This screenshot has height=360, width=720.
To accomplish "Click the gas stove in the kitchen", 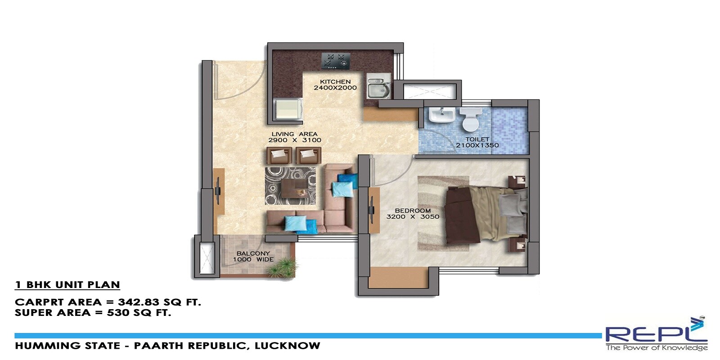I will tap(336, 61).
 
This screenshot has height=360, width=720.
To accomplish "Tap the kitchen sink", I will tap(377, 88).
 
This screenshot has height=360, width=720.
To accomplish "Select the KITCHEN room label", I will tap(335, 82).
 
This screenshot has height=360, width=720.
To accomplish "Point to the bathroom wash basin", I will tap(441, 115).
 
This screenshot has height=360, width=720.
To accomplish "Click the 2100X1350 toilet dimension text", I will tap(477, 145).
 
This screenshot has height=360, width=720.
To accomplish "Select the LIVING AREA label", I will tap(294, 134).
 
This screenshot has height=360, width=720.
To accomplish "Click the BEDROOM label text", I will tap(413, 211).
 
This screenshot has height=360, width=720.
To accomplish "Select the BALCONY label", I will tap(253, 253).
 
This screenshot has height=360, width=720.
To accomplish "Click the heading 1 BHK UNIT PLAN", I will tap(67, 285).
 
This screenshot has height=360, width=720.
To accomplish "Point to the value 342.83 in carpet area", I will tap(138, 302).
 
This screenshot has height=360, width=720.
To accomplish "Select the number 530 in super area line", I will tap(117, 313).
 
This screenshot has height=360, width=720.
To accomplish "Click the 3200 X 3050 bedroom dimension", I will tap(413, 217).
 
